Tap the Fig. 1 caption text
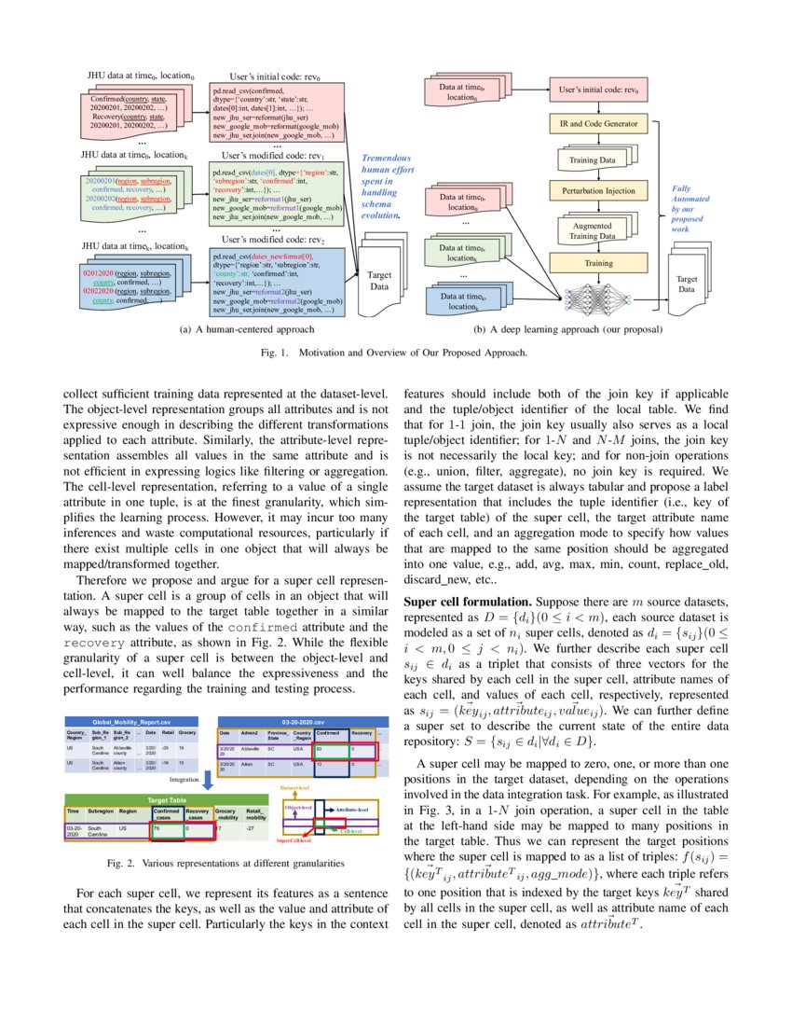point(395,353)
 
